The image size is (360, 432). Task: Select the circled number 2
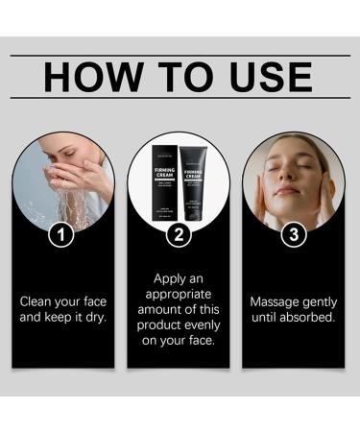(x=179, y=233)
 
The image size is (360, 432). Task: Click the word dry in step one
(x=95, y=316)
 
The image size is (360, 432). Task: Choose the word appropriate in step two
(x=179, y=294)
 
